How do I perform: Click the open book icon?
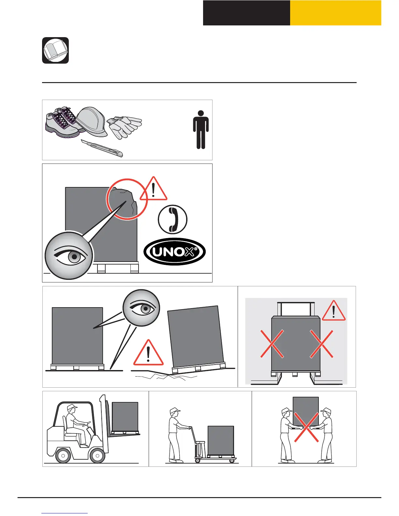click(55, 50)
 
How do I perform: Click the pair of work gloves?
click(125, 126)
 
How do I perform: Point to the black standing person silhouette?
click(201, 130)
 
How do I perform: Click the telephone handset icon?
click(172, 219)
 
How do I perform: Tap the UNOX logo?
click(174, 252)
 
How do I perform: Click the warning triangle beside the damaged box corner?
click(154, 190)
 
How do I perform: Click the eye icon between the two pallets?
click(141, 308)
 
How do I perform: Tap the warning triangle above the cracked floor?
click(148, 354)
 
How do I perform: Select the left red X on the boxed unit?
click(272, 344)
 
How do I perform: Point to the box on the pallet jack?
click(221, 440)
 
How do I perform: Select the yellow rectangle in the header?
click(335, 13)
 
